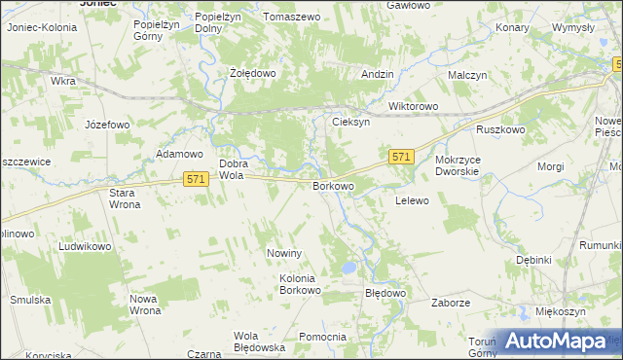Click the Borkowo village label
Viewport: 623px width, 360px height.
332,185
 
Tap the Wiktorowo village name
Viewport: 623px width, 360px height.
414,106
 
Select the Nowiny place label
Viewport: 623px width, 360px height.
286,253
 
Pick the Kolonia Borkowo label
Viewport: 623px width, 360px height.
300,284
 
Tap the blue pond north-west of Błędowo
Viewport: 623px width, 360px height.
348,268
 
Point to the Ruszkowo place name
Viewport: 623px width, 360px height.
500,129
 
